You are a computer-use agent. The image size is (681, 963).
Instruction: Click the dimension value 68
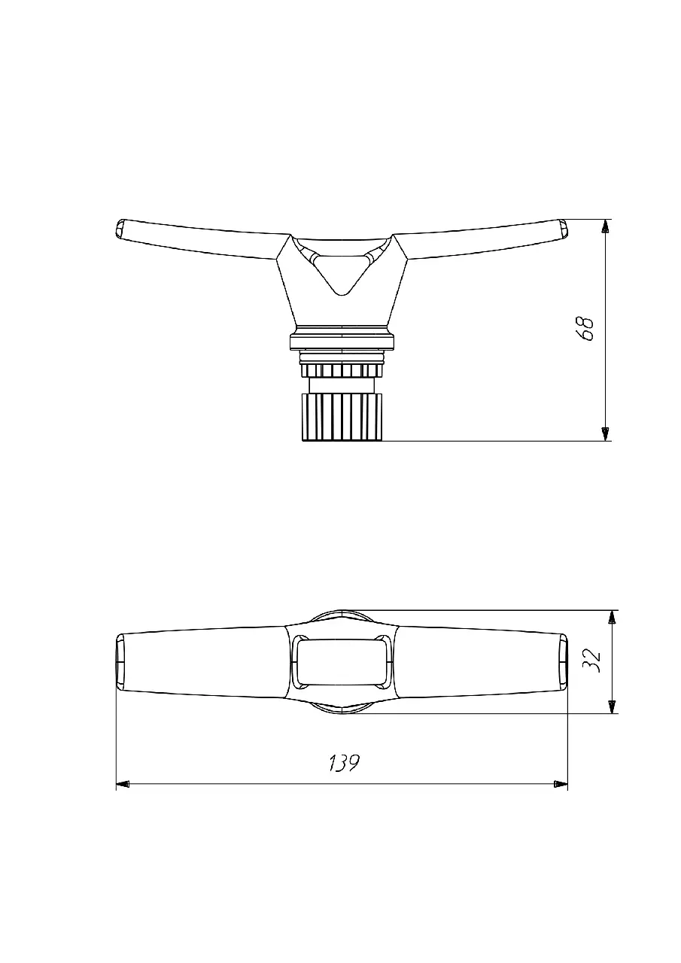584,329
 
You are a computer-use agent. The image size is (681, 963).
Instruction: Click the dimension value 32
591,661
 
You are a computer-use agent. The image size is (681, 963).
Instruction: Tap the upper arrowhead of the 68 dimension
605,226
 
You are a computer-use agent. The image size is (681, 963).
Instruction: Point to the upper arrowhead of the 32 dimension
612,617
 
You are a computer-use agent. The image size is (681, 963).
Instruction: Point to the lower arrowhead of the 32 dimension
612,706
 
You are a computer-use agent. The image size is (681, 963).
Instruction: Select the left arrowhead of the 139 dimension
123,784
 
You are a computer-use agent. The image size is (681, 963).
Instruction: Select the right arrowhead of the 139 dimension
561,784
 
